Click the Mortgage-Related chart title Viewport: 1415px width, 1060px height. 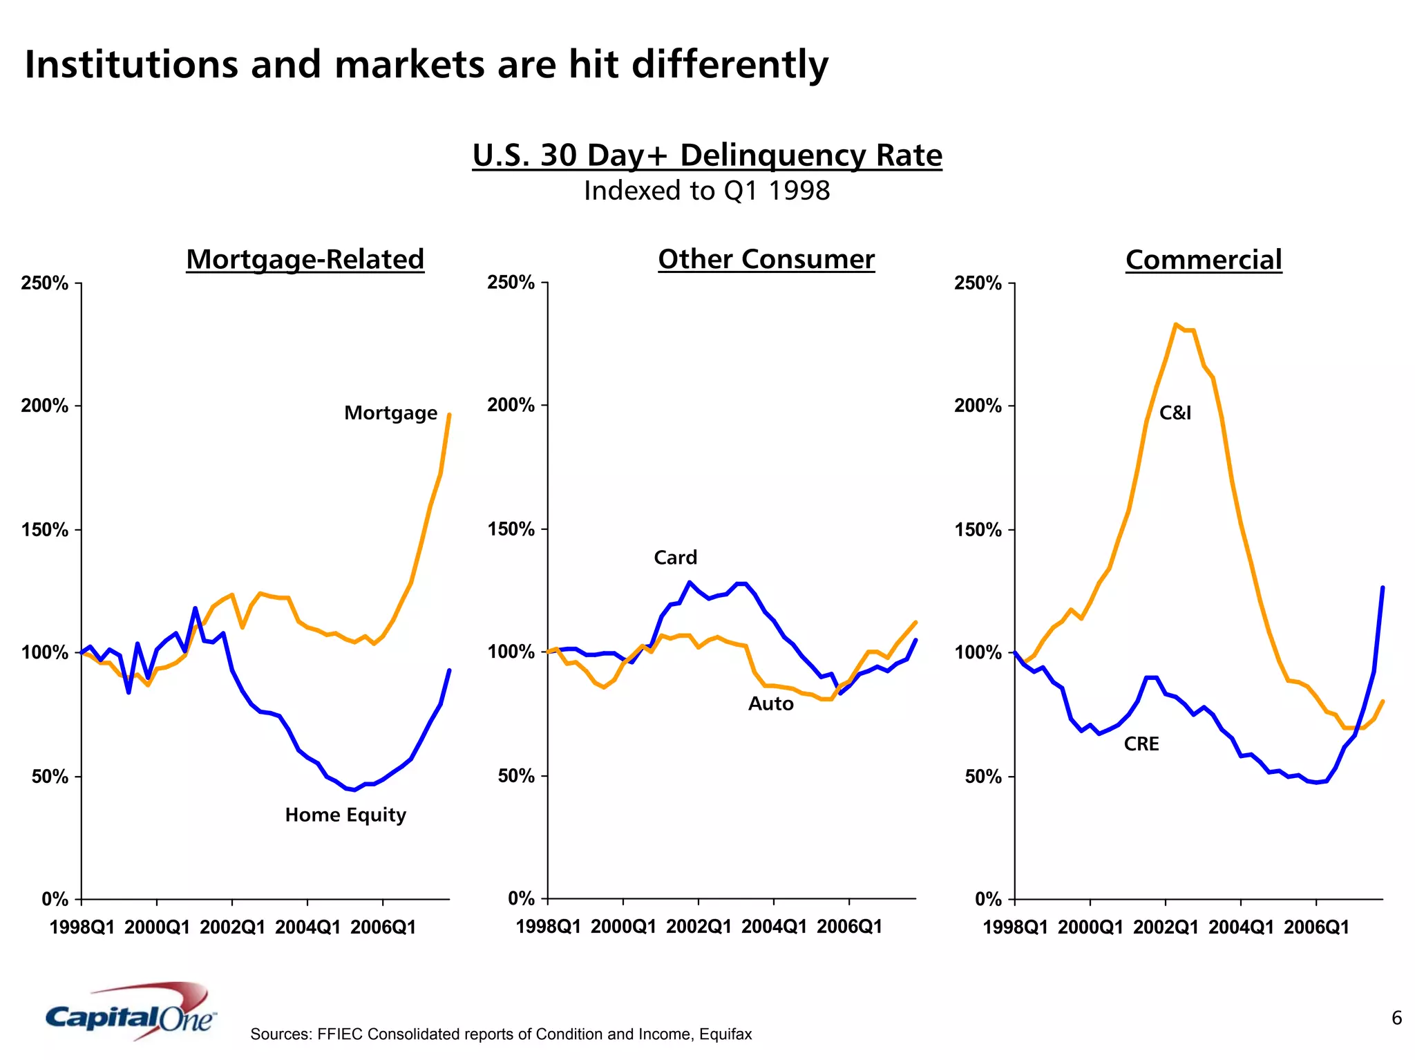pos(305,260)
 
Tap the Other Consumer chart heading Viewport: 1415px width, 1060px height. pos(766,259)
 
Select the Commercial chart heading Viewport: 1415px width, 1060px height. pos(1203,260)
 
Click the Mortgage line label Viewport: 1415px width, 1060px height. pos(390,413)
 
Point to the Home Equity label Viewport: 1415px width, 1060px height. pos(345,815)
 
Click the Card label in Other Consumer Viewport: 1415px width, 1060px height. pos(675,558)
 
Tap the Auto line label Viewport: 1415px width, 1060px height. pos(770,704)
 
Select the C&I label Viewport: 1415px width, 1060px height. pos(1175,413)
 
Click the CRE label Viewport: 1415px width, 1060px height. pos(1141,744)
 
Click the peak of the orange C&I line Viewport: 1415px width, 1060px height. pos(1175,324)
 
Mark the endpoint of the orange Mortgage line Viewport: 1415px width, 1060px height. pos(450,415)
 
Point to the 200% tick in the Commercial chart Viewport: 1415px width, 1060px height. pos(978,406)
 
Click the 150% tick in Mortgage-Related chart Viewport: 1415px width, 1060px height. pos(45,530)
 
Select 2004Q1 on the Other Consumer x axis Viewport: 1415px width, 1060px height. pos(774,927)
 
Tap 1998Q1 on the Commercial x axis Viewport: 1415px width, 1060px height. pos(1015,927)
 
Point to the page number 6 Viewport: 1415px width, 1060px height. pos(1396,1018)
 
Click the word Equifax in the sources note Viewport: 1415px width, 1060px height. pos(725,1034)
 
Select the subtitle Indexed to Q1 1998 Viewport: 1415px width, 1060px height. pos(706,191)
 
